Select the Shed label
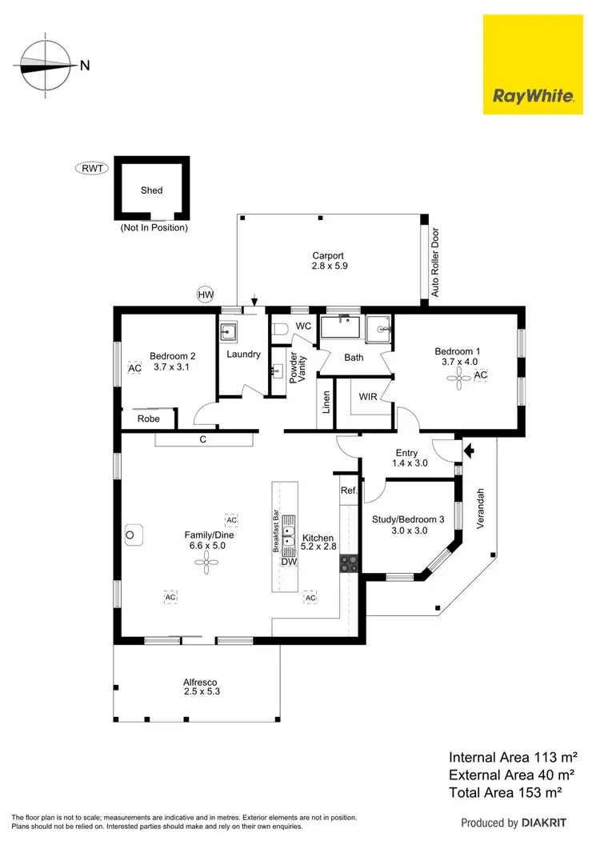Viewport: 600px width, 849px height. pos(151,190)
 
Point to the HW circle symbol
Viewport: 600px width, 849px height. pos(206,295)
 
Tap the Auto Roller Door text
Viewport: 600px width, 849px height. pos(436,262)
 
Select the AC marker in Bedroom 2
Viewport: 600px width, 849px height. pos(134,368)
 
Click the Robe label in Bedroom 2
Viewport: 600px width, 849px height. pos(149,418)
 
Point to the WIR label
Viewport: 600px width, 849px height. pos(368,397)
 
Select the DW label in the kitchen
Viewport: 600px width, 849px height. pos(289,562)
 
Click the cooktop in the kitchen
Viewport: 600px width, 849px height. pos(349,563)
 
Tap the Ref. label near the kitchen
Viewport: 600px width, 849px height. pos(348,491)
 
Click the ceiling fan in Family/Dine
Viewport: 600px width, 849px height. pos(206,566)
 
